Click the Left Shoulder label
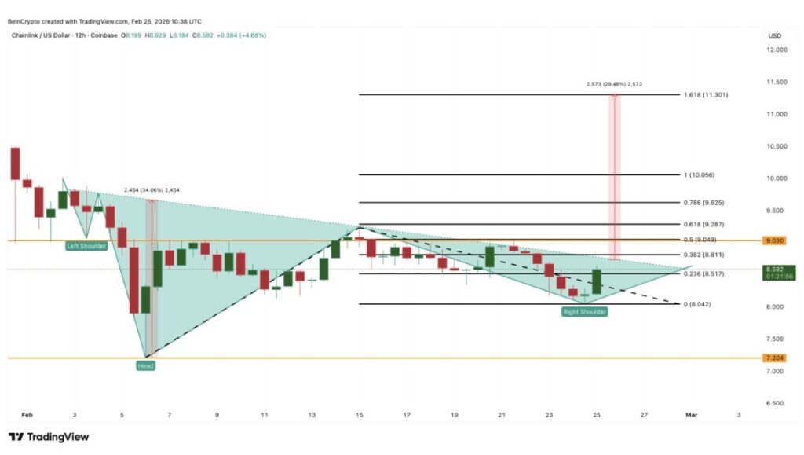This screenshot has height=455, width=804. pos(86,245)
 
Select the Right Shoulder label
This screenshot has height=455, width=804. pos(584,312)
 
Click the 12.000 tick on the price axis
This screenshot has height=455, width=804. pos(775,50)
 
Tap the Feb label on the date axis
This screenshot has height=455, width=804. pos(27,414)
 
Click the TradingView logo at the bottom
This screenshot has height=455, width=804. pos(49,437)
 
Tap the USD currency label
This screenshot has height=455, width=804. pos(775,35)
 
